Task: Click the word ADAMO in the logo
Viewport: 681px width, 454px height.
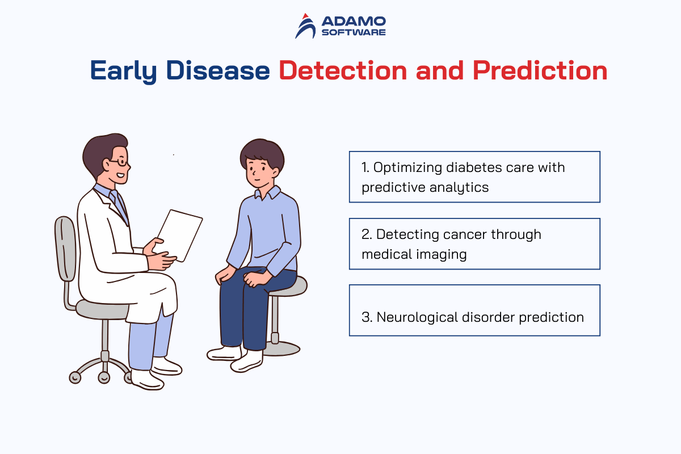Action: [354, 22]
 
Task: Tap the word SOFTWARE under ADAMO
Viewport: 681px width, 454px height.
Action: [354, 32]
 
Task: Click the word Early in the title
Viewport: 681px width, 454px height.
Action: [124, 72]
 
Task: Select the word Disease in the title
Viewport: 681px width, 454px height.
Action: [218, 70]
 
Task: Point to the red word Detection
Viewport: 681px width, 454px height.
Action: [343, 70]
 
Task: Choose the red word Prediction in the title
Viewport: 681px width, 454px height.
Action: [540, 70]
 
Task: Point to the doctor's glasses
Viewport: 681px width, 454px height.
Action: [120, 162]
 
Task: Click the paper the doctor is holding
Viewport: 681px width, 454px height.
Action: [179, 235]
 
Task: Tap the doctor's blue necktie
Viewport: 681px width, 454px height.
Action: [120, 205]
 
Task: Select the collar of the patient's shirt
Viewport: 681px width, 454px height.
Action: [267, 193]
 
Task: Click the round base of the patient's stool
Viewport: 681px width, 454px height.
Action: [281, 348]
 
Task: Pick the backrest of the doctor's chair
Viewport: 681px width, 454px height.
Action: [65, 249]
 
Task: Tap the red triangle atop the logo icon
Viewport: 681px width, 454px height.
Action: [305, 16]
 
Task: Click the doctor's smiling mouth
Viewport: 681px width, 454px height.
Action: [121, 175]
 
